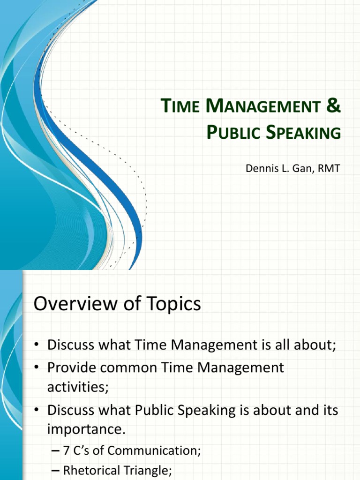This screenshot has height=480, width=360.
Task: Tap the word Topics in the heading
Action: click(172, 304)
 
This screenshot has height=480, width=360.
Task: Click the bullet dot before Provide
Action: click(37, 367)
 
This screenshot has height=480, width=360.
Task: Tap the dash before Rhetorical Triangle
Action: click(54, 472)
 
